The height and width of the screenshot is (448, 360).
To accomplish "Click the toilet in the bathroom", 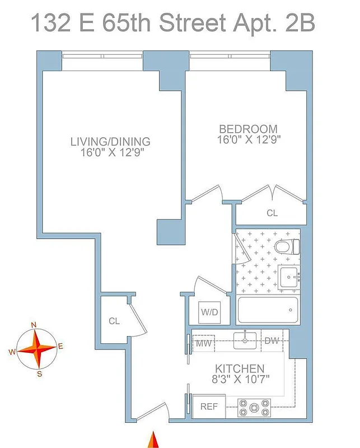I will coord(287,246).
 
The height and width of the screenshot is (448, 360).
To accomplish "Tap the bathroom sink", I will coord(288,277).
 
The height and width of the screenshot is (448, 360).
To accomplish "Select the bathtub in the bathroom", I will coord(268,310).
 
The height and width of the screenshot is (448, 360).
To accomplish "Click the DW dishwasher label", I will coord(272,341).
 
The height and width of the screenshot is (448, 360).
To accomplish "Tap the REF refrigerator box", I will coord(209,407).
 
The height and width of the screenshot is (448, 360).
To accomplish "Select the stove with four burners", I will coord(254,407).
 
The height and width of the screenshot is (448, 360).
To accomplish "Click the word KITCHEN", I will coord(240,368).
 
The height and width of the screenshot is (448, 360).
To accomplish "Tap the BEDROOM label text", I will coord(248,129).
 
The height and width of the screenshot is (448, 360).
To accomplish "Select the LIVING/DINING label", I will coord(110,141).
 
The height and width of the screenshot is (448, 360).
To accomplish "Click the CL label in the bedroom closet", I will coord(272,213).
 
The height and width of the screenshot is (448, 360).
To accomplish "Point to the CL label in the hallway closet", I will coord(114,321).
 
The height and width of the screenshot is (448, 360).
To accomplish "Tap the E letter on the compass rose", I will coord(60,347).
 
